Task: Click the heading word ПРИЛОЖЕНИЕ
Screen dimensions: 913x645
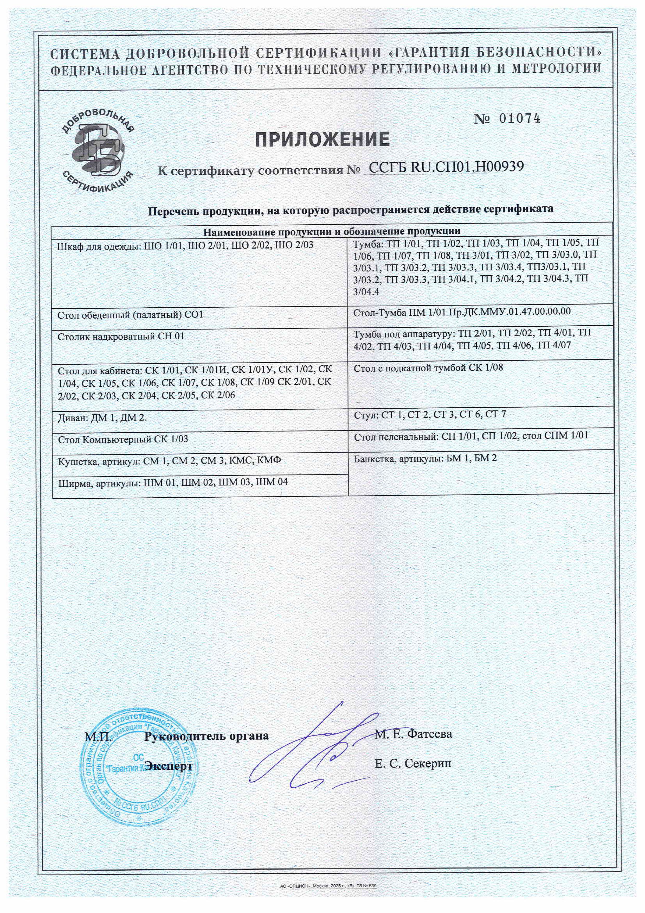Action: point(322,140)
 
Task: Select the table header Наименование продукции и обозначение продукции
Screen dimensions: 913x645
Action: point(332,231)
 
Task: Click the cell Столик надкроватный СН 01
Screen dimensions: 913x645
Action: point(121,337)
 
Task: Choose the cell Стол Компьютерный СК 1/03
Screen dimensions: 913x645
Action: point(123,439)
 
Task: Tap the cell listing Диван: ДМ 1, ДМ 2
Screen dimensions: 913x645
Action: point(102,417)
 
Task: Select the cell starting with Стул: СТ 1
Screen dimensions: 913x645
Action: point(430,414)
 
